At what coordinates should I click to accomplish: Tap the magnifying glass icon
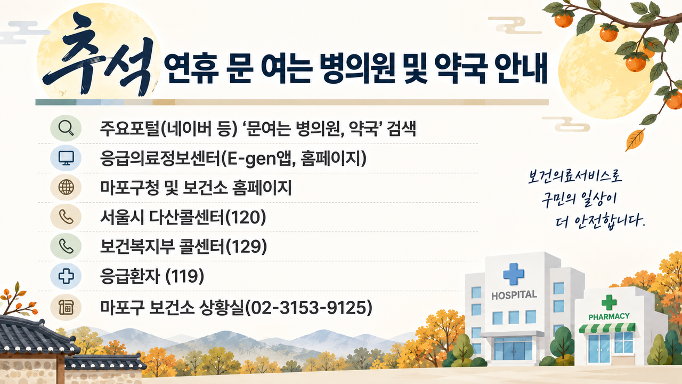pyautogui.click(x=66, y=128)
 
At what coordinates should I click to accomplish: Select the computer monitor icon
pyautogui.click(x=66, y=158)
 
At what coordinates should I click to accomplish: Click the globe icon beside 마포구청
pyautogui.click(x=66, y=187)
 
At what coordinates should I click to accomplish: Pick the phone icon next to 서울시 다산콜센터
pyautogui.click(x=66, y=217)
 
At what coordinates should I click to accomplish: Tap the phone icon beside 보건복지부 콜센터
pyautogui.click(x=66, y=246)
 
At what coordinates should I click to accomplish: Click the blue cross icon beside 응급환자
pyautogui.click(x=66, y=276)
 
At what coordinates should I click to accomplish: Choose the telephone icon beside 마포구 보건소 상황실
pyautogui.click(x=66, y=307)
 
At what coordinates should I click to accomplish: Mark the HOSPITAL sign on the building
pyautogui.click(x=514, y=295)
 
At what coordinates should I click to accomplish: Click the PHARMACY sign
pyautogui.click(x=609, y=317)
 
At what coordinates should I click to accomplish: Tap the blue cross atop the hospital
pyautogui.click(x=514, y=274)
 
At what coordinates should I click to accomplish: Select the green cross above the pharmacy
pyautogui.click(x=609, y=302)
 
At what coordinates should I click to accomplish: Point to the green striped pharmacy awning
pyautogui.click(x=607, y=328)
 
